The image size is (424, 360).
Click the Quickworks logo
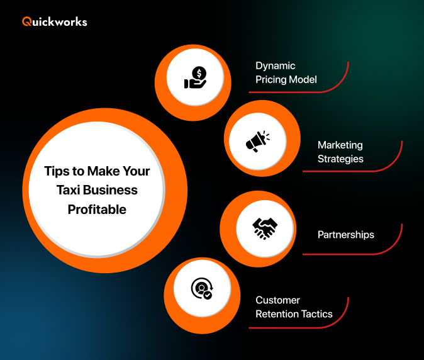(x=55, y=21)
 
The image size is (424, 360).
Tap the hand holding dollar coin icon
(x=195, y=79)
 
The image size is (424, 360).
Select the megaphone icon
(x=257, y=141)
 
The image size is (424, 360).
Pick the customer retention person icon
(x=201, y=289)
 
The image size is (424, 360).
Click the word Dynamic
(x=275, y=65)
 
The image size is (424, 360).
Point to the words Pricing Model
(x=286, y=80)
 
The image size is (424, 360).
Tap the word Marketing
(x=340, y=145)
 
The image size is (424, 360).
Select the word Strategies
(x=340, y=159)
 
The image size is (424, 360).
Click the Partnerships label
(x=345, y=235)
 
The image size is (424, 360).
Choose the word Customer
(x=277, y=300)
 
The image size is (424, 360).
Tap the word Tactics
(x=317, y=314)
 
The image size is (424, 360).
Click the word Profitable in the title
(x=97, y=210)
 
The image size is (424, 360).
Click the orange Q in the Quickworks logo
(x=26, y=21)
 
